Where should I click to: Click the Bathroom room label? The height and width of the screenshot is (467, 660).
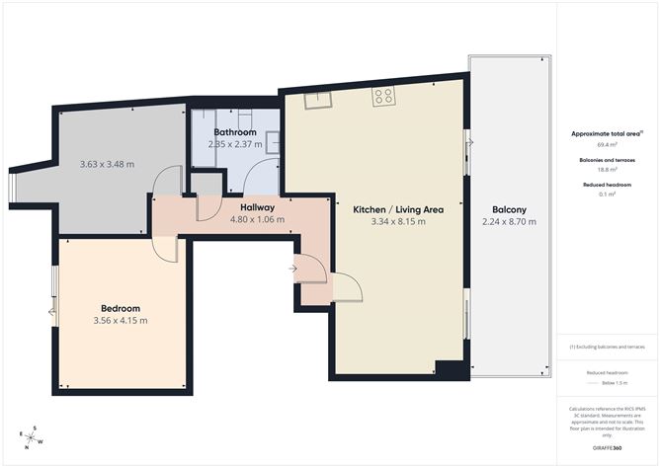pyautogui.click(x=235, y=132)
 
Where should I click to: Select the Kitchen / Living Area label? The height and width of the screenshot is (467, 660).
pyautogui.click(x=398, y=209)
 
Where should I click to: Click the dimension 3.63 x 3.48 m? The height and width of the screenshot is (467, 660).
pyautogui.click(x=107, y=164)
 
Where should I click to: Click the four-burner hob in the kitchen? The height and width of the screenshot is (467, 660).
pyautogui.click(x=383, y=97)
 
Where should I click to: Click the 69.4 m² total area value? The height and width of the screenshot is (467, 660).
pyautogui.click(x=606, y=145)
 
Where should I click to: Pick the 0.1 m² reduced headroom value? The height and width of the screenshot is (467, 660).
pyautogui.click(x=606, y=195)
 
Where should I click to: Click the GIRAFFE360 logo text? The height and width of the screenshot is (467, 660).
pyautogui.click(x=607, y=447)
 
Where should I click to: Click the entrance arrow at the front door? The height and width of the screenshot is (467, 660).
pyautogui.click(x=293, y=268)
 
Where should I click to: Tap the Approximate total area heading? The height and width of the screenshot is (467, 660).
pyautogui.click(x=606, y=133)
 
